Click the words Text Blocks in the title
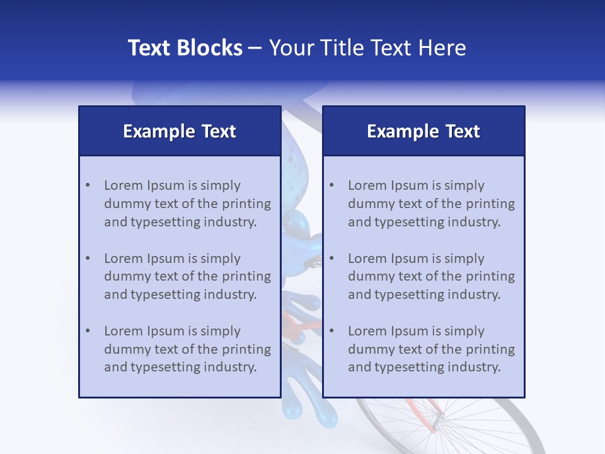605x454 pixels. [185, 48]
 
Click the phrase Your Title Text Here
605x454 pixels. [367, 48]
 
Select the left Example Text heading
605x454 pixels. [180, 131]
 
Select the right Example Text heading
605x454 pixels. [423, 131]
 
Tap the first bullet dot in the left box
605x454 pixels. [88, 185]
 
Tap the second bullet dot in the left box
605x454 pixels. [88, 259]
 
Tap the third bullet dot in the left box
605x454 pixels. [88, 331]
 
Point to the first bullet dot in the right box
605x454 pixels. [332, 185]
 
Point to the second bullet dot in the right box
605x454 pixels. [332, 259]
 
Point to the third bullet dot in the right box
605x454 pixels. [332, 331]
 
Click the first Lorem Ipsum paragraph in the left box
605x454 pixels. [187, 204]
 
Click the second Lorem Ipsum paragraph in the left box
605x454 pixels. [187, 276]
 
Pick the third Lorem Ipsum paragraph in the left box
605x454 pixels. [187, 349]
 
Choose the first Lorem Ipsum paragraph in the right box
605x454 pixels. [431, 204]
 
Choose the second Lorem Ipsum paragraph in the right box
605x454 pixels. [431, 276]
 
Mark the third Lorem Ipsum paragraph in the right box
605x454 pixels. [431, 349]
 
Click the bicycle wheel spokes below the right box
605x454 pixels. [479, 429]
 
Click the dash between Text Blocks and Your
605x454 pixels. [255, 49]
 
